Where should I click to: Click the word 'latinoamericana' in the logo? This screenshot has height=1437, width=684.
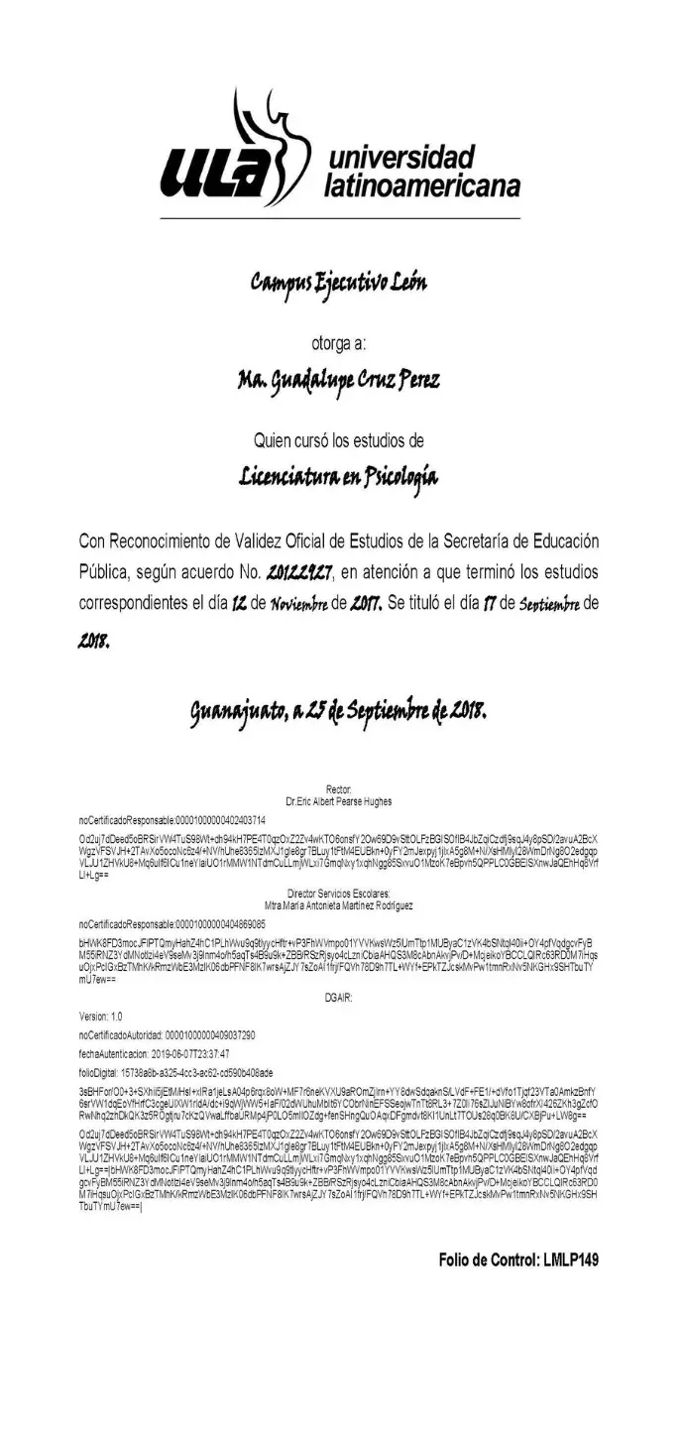click(x=421, y=185)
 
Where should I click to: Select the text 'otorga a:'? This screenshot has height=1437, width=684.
click(x=339, y=344)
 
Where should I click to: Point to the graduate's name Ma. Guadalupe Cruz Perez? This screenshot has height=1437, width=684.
click(x=338, y=381)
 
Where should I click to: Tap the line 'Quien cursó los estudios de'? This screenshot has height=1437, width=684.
click(x=339, y=439)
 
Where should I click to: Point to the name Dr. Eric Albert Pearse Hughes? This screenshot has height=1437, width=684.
click(x=338, y=801)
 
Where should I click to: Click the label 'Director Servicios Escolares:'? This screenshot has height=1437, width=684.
click(x=339, y=893)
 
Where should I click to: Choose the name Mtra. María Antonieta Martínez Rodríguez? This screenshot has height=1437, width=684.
click(x=339, y=905)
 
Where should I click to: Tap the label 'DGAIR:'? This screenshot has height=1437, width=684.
click(x=339, y=996)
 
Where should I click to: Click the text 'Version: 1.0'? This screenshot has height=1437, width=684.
click(x=101, y=1017)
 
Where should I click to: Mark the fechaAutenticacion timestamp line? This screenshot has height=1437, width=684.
click(x=154, y=1053)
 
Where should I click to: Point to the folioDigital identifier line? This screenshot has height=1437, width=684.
click(x=168, y=1073)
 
